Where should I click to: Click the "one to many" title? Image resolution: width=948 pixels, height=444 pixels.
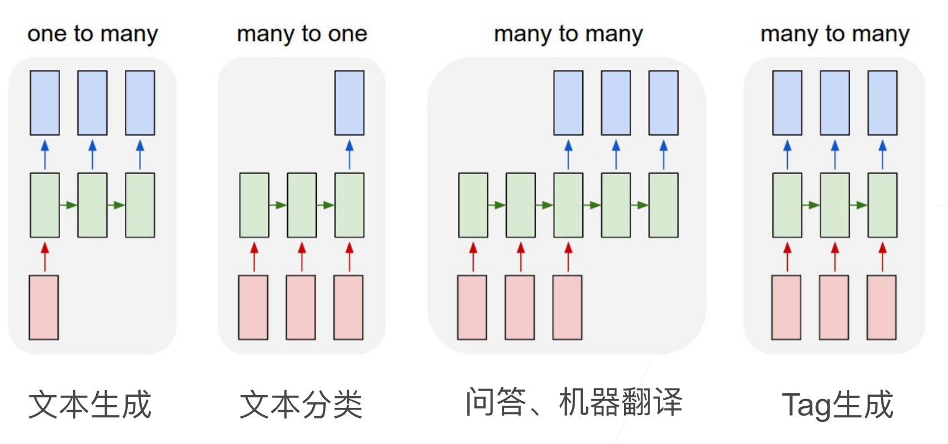point(93,34)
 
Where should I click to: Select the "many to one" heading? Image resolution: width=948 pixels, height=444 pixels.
point(302,34)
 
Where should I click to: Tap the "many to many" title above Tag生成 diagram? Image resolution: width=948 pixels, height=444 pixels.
point(835,34)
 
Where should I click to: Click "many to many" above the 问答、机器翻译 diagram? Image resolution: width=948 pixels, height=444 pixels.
point(568,34)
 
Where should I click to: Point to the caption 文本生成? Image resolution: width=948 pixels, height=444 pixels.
point(90,405)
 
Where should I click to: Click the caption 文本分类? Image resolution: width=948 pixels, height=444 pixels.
point(301,405)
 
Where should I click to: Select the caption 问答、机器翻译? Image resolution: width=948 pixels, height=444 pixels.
point(573,402)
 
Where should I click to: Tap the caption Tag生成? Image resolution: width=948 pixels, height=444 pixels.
point(837,405)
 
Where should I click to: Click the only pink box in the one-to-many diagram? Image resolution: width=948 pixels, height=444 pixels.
point(44,307)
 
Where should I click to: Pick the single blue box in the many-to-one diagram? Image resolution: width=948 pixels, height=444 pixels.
point(349,103)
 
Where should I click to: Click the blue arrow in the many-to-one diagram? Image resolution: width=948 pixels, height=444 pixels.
point(349,154)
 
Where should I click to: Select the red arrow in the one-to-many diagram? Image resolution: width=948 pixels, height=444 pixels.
point(45,256)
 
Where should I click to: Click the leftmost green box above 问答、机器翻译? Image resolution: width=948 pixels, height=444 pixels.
point(473,205)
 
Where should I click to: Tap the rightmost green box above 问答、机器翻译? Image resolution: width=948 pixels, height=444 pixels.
point(663,205)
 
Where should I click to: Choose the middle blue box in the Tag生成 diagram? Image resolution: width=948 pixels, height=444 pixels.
point(835,103)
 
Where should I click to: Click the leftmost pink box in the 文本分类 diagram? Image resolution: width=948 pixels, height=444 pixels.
point(253,307)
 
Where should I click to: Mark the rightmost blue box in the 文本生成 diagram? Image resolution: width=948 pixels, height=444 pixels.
point(140,103)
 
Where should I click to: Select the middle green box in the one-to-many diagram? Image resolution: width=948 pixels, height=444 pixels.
point(92,205)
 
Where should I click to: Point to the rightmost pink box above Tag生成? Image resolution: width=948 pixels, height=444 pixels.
point(881,307)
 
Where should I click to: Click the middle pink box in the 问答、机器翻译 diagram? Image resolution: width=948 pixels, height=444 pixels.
point(520,307)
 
